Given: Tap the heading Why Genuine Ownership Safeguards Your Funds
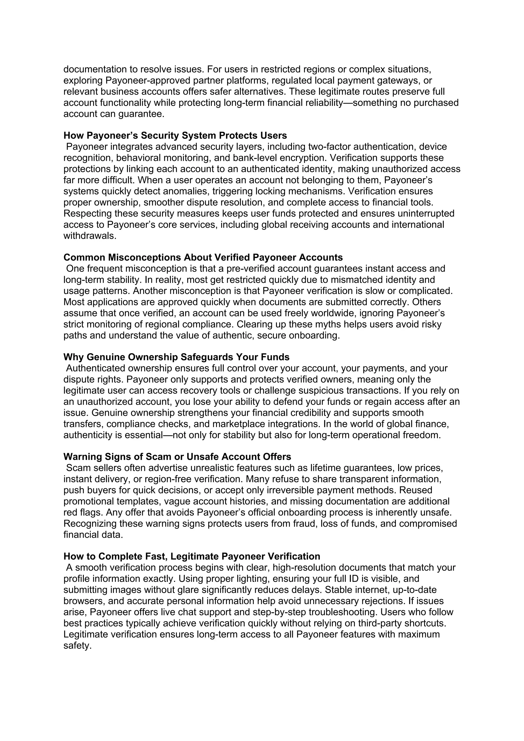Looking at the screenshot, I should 176,357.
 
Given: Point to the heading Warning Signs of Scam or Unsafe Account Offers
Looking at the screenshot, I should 177,457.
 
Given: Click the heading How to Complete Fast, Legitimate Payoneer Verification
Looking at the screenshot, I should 192,557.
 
